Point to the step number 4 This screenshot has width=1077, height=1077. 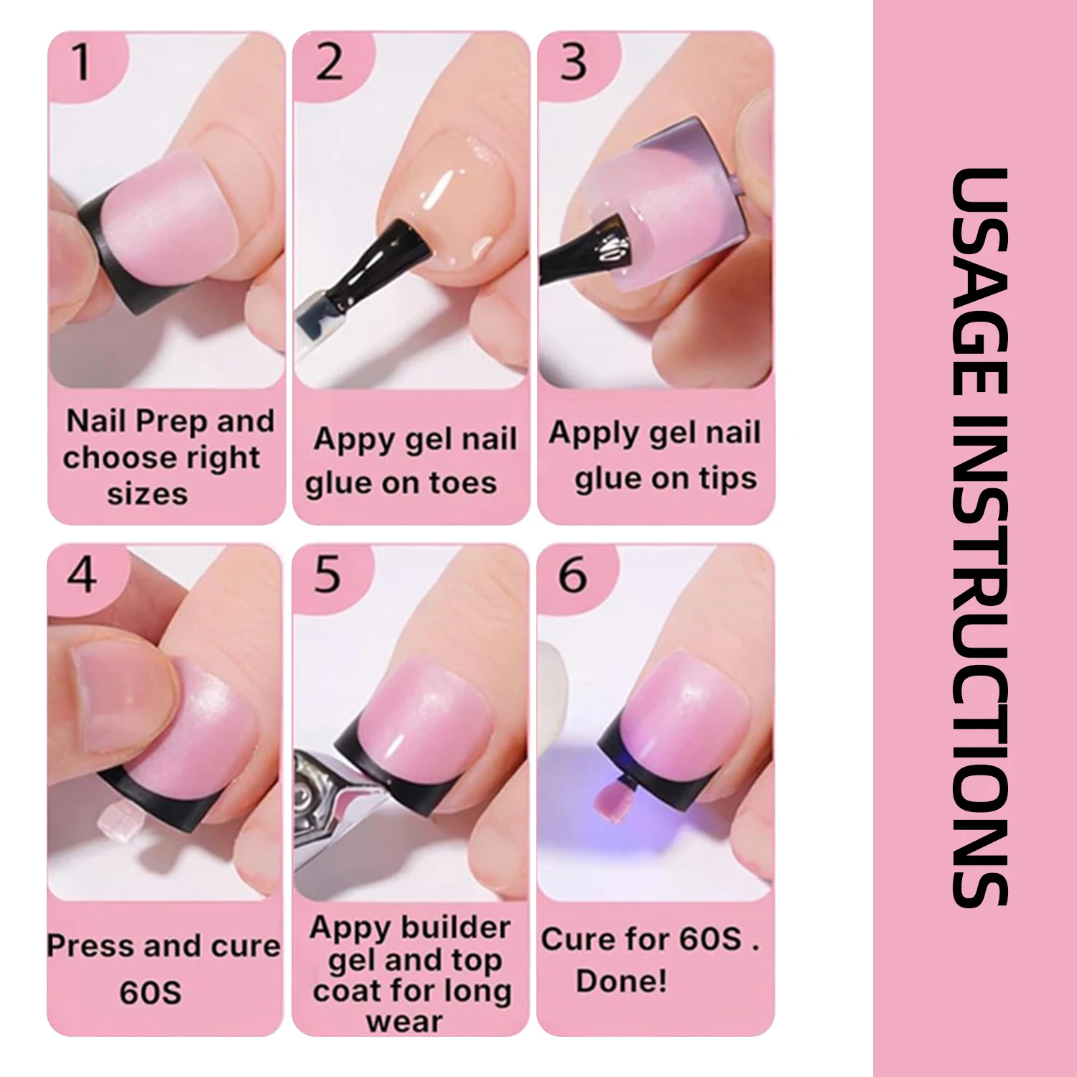point(82,575)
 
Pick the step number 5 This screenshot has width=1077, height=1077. point(327,575)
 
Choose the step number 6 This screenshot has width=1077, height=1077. point(572,575)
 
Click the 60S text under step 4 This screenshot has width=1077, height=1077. point(150,992)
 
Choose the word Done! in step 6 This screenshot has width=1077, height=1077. point(622,981)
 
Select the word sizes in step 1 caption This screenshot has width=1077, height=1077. point(148,494)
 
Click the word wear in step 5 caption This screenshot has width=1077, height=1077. point(404,1022)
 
